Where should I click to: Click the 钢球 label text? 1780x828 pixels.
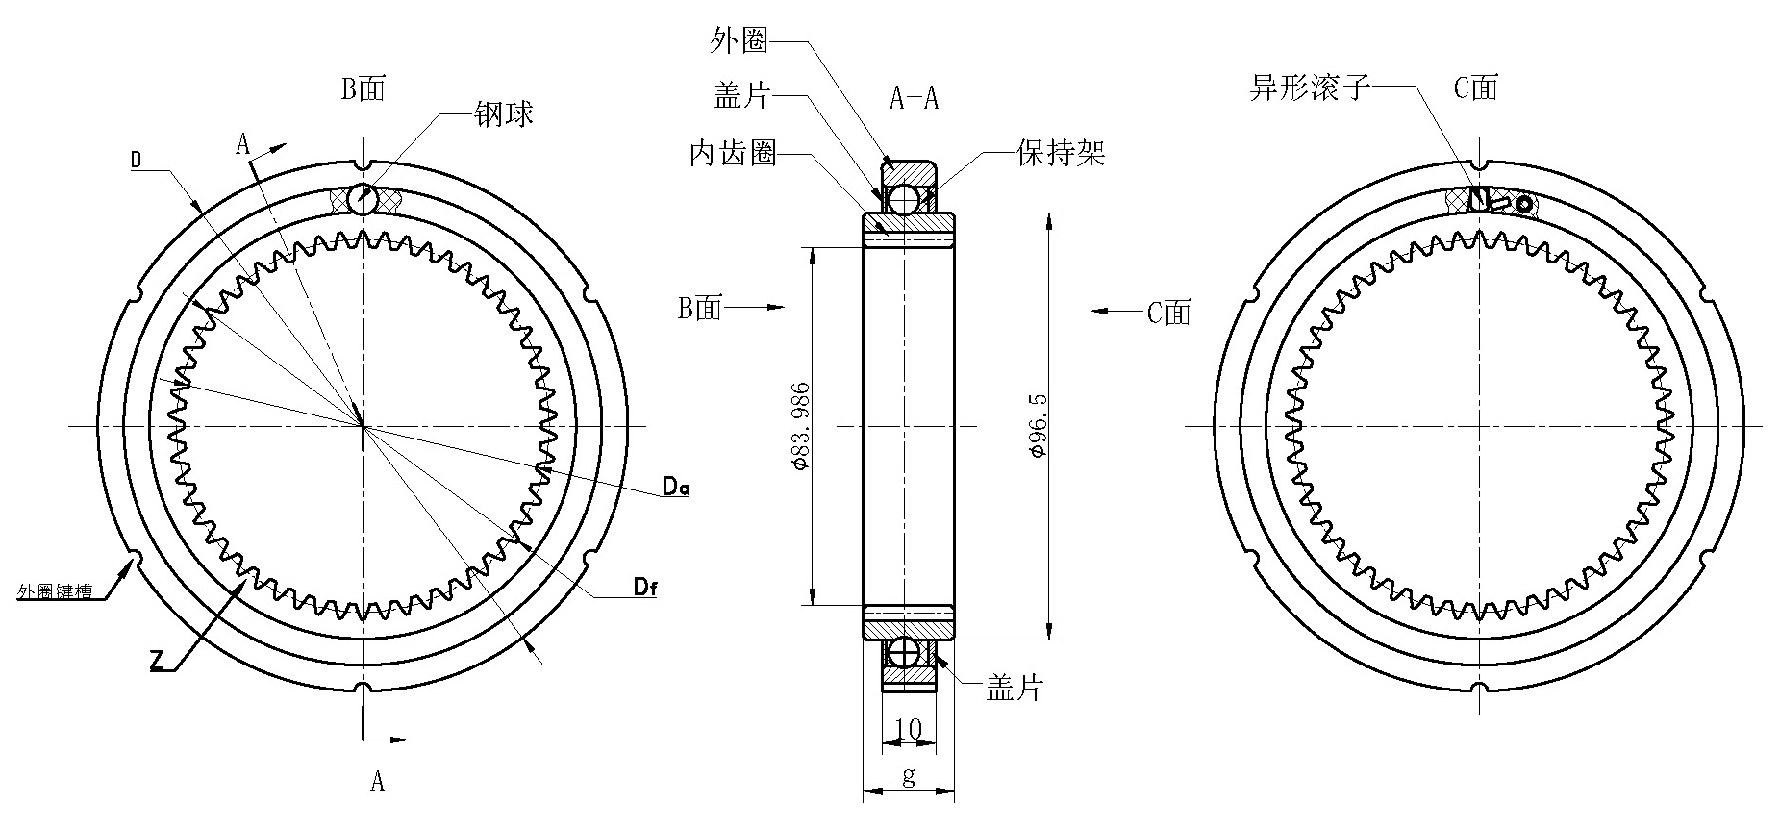(x=503, y=115)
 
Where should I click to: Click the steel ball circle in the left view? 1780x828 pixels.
(x=363, y=200)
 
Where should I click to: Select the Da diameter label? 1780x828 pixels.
(x=676, y=489)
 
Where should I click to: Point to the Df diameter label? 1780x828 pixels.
(x=645, y=588)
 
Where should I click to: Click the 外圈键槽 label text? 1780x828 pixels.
(x=54, y=592)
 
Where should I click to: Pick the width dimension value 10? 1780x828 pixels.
(x=908, y=729)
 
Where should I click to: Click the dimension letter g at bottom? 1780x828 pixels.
(x=909, y=776)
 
